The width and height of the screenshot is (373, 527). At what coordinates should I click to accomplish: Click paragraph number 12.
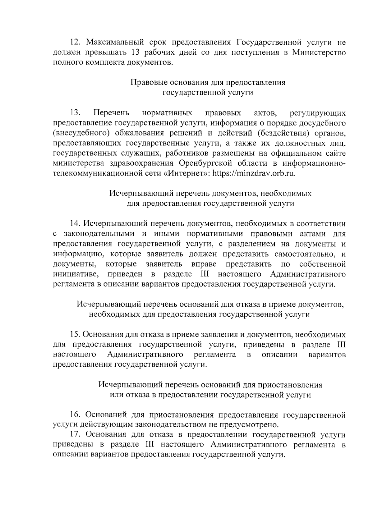pos(75,42)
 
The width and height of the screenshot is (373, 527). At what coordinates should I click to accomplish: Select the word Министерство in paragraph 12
pos(319,52)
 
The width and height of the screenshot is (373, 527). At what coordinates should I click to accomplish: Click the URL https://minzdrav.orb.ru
pos(255,173)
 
